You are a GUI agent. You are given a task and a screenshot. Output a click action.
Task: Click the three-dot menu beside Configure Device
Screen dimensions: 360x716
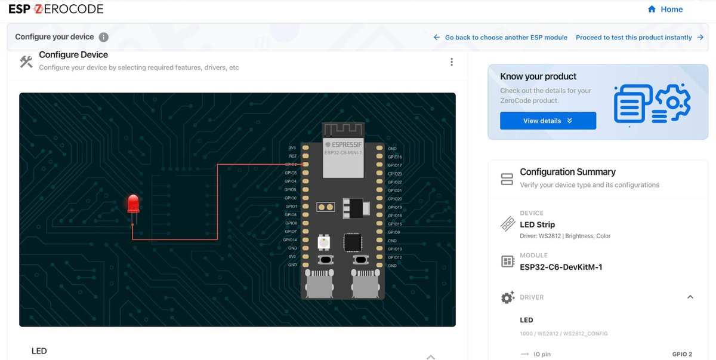click(x=452, y=62)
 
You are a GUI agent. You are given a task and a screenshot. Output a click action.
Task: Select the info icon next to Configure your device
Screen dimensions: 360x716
click(x=103, y=37)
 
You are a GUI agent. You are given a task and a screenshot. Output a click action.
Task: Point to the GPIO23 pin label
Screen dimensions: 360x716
click(x=395, y=174)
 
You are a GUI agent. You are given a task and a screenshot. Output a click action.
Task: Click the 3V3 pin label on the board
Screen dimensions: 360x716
click(x=292, y=148)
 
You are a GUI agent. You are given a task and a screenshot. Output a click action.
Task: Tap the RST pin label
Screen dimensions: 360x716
click(x=293, y=156)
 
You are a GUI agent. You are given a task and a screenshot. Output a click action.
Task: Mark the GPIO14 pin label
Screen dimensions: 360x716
click(x=291, y=240)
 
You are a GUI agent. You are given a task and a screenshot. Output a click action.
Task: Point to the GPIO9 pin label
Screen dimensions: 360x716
click(x=394, y=232)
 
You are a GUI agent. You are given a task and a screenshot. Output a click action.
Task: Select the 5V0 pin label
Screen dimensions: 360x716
click(x=292, y=257)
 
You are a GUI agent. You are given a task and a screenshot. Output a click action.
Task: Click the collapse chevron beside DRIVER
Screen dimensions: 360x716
click(x=690, y=297)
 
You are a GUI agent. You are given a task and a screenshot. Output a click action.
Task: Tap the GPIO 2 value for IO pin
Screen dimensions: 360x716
click(x=682, y=355)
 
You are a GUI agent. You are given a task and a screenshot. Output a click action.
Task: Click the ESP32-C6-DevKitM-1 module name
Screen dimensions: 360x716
click(x=561, y=267)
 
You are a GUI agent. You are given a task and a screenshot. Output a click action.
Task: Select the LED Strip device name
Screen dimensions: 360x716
click(x=537, y=224)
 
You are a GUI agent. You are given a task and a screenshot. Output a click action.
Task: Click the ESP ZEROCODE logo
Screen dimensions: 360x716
click(x=55, y=9)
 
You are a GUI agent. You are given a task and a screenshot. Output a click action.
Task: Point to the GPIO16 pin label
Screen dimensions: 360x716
click(x=395, y=157)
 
